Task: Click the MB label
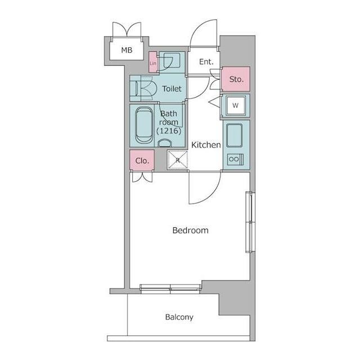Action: [127, 50]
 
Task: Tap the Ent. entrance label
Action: [206, 62]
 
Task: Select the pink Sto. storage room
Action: [236, 79]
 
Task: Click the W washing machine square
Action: [235, 105]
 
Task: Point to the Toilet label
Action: [172, 89]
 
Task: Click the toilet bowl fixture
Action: [146, 88]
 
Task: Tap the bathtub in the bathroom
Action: [144, 125]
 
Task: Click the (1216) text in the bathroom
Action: [169, 130]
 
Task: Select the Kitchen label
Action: [206, 145]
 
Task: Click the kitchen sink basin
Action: [235, 136]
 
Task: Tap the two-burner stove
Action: [235, 159]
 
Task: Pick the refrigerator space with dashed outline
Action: [178, 160]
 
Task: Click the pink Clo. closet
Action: [142, 160]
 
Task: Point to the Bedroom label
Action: [190, 230]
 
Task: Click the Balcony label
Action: [179, 317]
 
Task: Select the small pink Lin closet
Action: [153, 62]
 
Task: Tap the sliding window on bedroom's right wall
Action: [250, 222]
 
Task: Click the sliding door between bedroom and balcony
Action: [170, 289]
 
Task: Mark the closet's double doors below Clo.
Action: [142, 177]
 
